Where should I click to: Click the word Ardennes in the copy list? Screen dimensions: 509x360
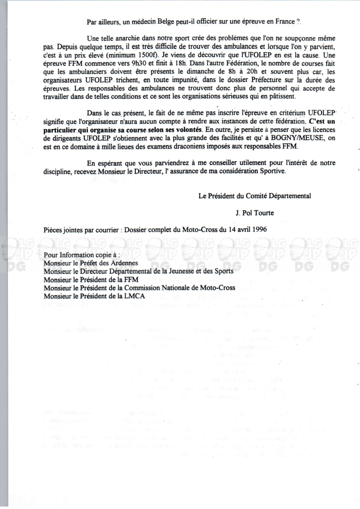(125, 263)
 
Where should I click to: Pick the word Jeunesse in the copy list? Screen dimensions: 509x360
(179, 271)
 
